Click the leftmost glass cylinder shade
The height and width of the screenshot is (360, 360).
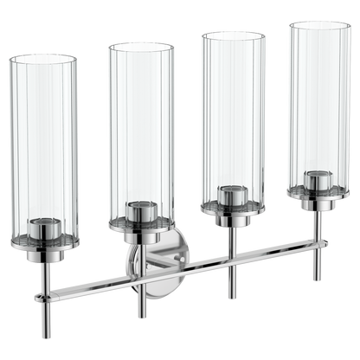click(x=43, y=147)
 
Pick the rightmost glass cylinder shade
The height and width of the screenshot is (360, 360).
click(x=320, y=108)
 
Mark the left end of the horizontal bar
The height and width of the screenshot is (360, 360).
click(x=36, y=299)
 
